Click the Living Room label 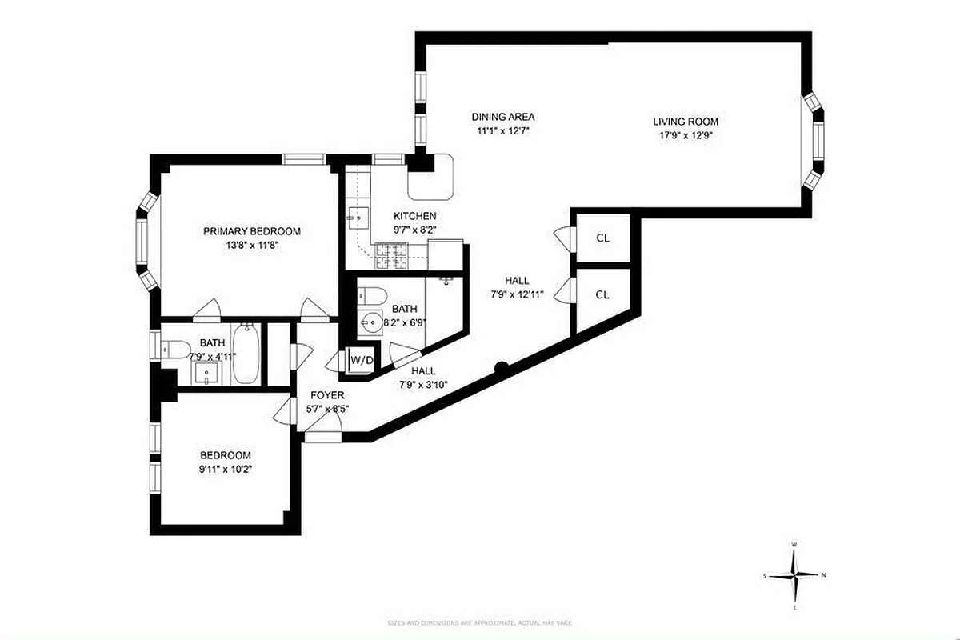pyautogui.click(x=686, y=122)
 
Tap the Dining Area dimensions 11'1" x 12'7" pyautogui.click(x=502, y=130)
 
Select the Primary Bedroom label pyautogui.click(x=251, y=231)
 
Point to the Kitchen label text pyautogui.click(x=414, y=216)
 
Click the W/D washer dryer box pyautogui.click(x=362, y=361)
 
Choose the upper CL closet pyautogui.click(x=602, y=238)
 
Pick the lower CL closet pyautogui.click(x=602, y=294)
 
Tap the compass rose pyautogui.click(x=794, y=574)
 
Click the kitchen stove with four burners pyautogui.click(x=393, y=256)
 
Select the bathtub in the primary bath pyautogui.click(x=246, y=353)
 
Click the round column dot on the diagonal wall pyautogui.click(x=501, y=368)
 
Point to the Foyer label pyautogui.click(x=328, y=395)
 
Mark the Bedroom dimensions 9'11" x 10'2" pyautogui.click(x=226, y=469)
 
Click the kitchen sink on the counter pyautogui.click(x=357, y=216)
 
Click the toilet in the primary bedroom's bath pyautogui.click(x=175, y=350)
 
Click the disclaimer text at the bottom pyautogui.click(x=479, y=622)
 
